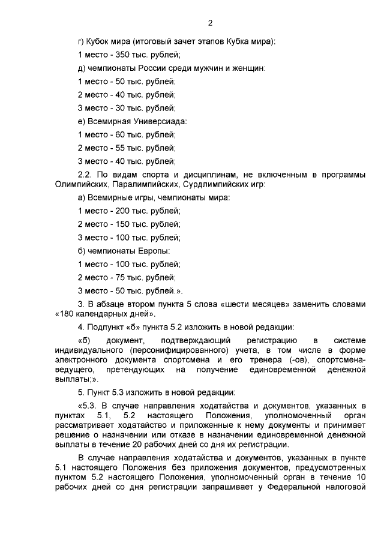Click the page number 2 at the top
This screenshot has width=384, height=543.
[x=210, y=23]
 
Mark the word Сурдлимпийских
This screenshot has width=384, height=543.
[x=212, y=184]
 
